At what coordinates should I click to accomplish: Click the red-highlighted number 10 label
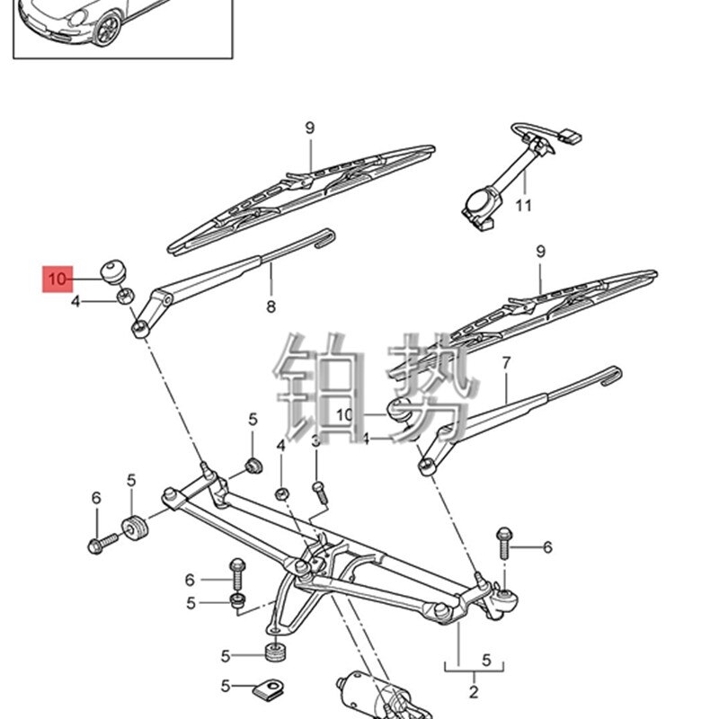point(57,280)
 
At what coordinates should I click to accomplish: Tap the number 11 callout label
point(524,205)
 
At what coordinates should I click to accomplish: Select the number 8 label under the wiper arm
point(271,307)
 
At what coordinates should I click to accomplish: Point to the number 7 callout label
point(506,363)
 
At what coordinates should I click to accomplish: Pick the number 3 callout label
point(316,441)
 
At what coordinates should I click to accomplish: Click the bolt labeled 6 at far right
point(503,544)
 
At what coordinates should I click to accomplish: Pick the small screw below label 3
point(319,488)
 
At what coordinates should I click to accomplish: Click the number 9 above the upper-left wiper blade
point(309,128)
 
